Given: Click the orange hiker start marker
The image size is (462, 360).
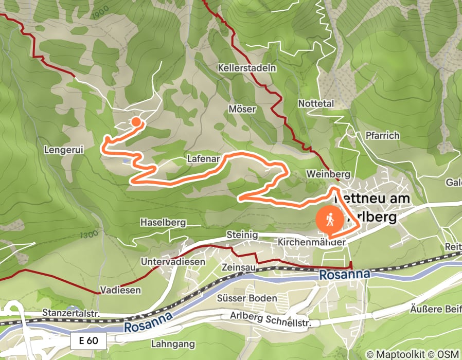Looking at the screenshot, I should tap(329, 221).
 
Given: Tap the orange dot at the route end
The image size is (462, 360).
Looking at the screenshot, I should tap(136, 122).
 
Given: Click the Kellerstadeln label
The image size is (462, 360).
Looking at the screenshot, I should tap(247, 68).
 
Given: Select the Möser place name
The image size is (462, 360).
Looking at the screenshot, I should tap(242, 109).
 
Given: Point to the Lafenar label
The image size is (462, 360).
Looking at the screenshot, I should tap(204, 160).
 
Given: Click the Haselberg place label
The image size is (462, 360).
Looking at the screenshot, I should tap(163, 223).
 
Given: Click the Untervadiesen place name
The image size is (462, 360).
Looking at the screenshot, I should tap(173, 262).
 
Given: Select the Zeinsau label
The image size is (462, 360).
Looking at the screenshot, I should tap(238, 268).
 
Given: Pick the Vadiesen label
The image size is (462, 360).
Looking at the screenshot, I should tap(121, 290).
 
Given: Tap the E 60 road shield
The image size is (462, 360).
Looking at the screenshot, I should tap(88, 340).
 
